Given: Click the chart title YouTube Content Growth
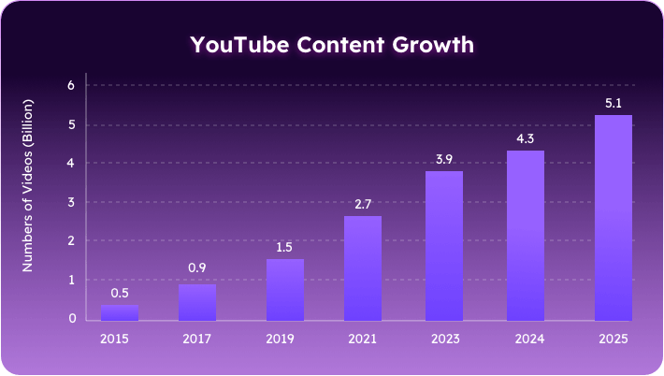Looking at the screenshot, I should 332,45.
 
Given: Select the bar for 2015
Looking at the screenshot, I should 120,311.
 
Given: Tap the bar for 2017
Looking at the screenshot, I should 197,301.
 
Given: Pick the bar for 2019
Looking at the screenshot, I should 285,289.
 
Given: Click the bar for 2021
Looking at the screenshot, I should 363,268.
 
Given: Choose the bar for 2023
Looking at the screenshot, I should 444,245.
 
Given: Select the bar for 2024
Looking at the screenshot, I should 526,235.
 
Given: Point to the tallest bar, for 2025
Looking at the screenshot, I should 613,217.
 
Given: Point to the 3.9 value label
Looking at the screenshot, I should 444,159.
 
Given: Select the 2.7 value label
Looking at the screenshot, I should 363,204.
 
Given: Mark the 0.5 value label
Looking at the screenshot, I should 120,293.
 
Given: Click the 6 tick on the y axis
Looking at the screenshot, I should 71,85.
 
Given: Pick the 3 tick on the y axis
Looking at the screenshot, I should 71,202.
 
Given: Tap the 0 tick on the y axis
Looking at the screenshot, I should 71,319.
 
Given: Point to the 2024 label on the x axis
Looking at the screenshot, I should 526,339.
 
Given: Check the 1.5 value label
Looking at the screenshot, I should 285,247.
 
